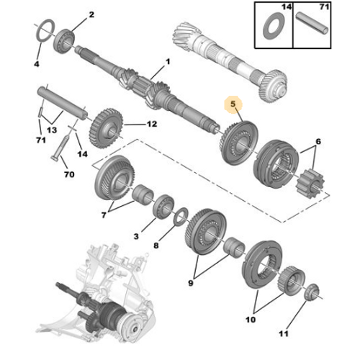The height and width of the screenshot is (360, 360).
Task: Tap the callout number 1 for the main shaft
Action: [x=167, y=61]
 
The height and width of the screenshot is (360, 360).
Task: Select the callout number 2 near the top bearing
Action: [x=91, y=14]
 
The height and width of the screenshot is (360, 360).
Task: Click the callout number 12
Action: [x=151, y=124]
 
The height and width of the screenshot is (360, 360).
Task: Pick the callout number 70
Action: [x=69, y=174]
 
